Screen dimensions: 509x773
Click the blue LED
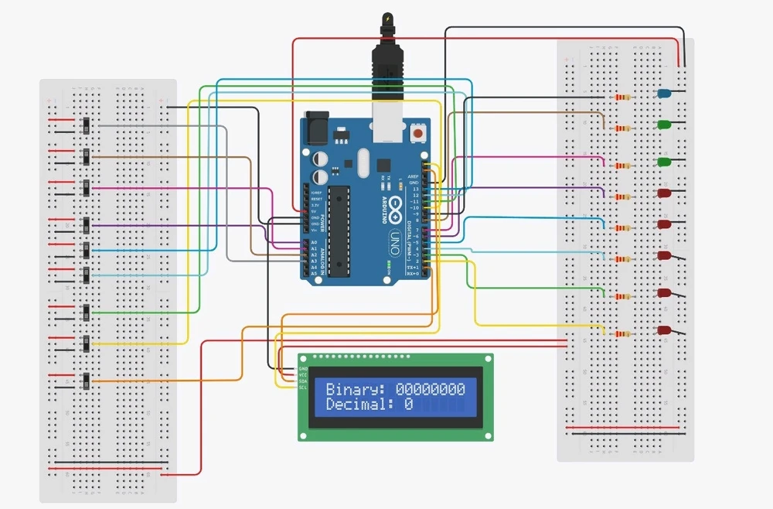pyautogui.click(x=662, y=93)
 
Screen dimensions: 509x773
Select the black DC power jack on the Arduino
pyautogui.click(x=316, y=128)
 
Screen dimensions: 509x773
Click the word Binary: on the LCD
pyautogui.click(x=356, y=389)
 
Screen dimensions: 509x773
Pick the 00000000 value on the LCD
pyautogui.click(x=430, y=389)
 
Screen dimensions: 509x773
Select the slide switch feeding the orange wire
pyautogui.click(x=86, y=381)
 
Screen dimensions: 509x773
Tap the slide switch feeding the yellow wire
pyautogui.click(x=87, y=343)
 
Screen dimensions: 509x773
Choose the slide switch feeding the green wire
pyautogui.click(x=87, y=313)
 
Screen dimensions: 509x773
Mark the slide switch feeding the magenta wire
pyautogui.click(x=87, y=188)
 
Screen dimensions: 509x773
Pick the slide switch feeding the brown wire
pyautogui.click(x=87, y=156)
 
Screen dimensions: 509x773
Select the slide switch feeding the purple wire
pyautogui.click(x=87, y=225)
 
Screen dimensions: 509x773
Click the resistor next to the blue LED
pyautogui.click(x=621, y=97)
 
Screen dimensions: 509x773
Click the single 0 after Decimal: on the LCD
pyautogui.click(x=408, y=405)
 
